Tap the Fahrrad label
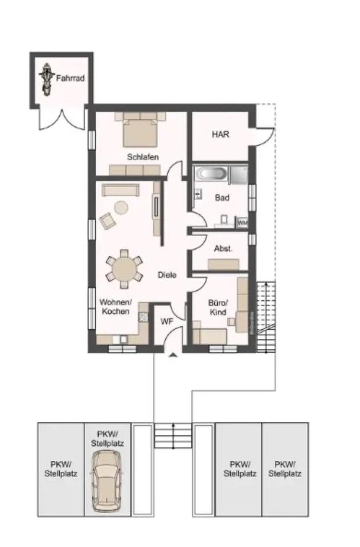[x=70, y=78]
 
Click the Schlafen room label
[x=142, y=157]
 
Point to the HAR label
[x=220, y=135]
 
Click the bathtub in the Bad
[x=212, y=173]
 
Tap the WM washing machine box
[x=242, y=222]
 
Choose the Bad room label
[x=222, y=198]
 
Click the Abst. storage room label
[x=222, y=249]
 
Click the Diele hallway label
[x=167, y=275]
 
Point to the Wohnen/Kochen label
[x=116, y=307]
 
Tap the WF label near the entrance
[x=166, y=321]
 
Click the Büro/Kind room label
[x=218, y=308]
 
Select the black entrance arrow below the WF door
[x=173, y=356]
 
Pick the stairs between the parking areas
[x=173, y=435]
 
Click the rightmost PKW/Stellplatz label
[x=285, y=469]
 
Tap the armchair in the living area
[x=107, y=220]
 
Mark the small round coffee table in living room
[x=121, y=207]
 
